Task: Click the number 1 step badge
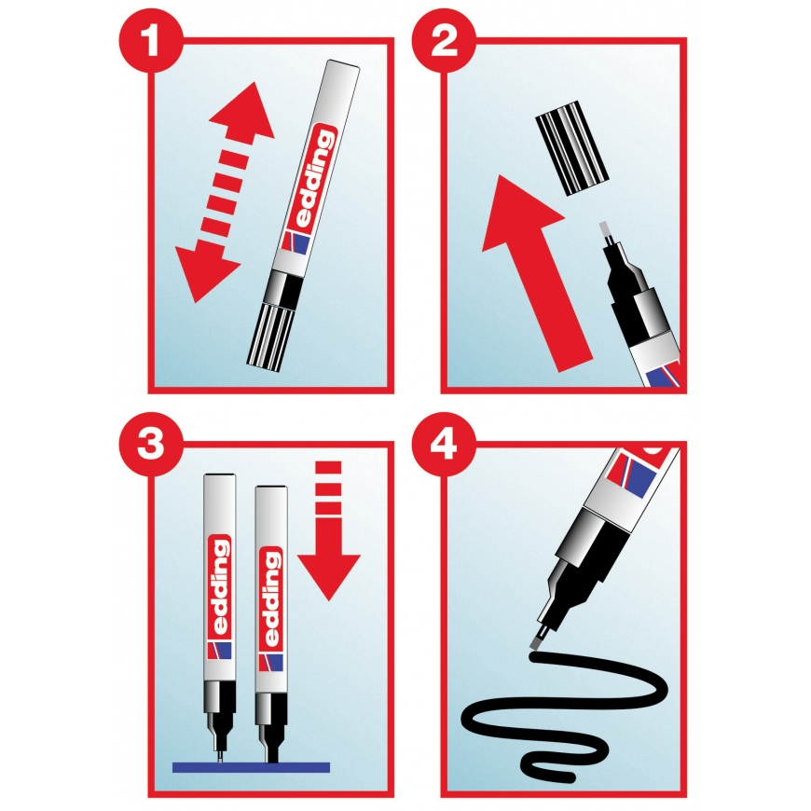point(151,40)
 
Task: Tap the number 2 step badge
point(444,40)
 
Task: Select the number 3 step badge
point(151,444)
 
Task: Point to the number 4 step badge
point(444,444)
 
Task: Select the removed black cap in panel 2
point(571,148)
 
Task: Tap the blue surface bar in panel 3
point(251,767)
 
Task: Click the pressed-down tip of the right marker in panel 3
point(270,754)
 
